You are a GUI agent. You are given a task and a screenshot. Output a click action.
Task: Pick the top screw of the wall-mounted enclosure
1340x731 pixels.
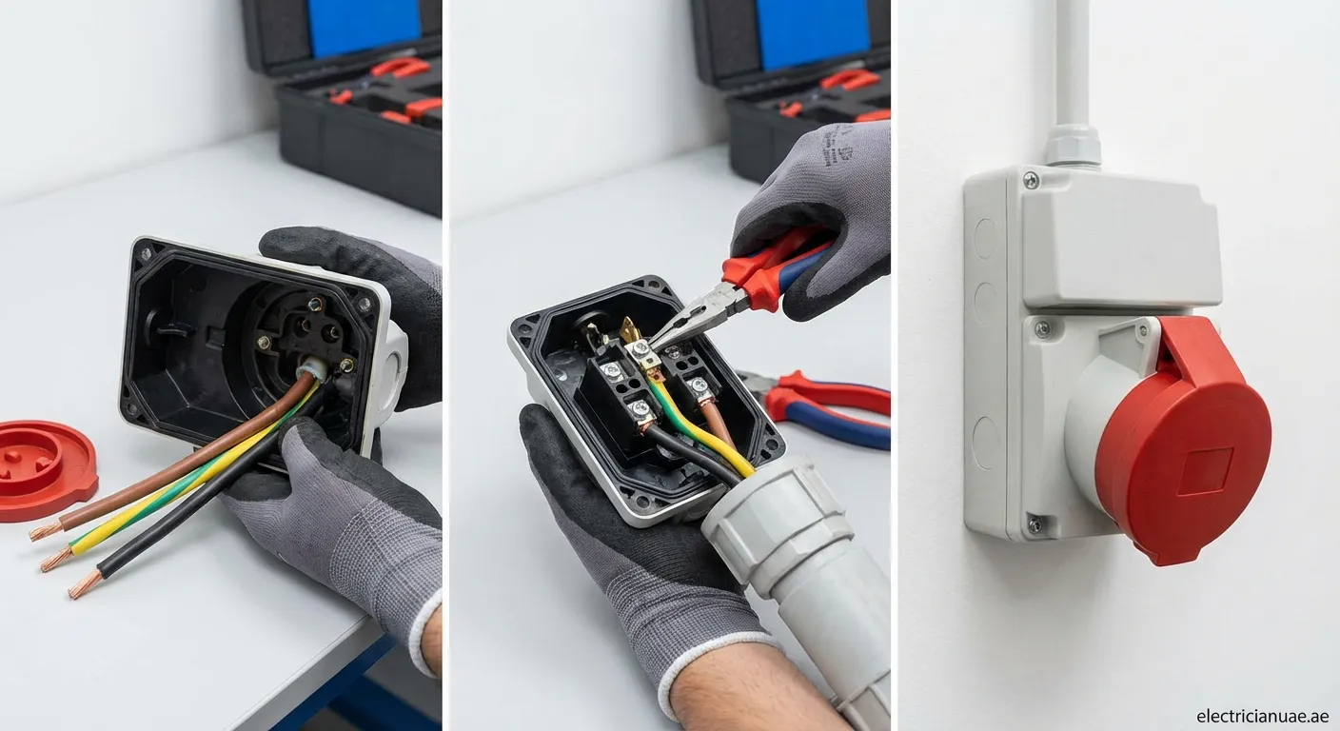pyautogui.click(x=1031, y=180)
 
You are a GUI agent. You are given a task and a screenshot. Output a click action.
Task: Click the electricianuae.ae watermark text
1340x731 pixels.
pyautogui.click(x=1263, y=716)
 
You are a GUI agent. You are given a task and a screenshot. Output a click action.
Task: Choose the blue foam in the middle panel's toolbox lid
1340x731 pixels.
pyautogui.click(x=814, y=33)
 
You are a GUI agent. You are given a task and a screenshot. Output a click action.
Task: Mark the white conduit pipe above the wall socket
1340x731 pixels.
pyautogui.click(x=1073, y=57)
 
